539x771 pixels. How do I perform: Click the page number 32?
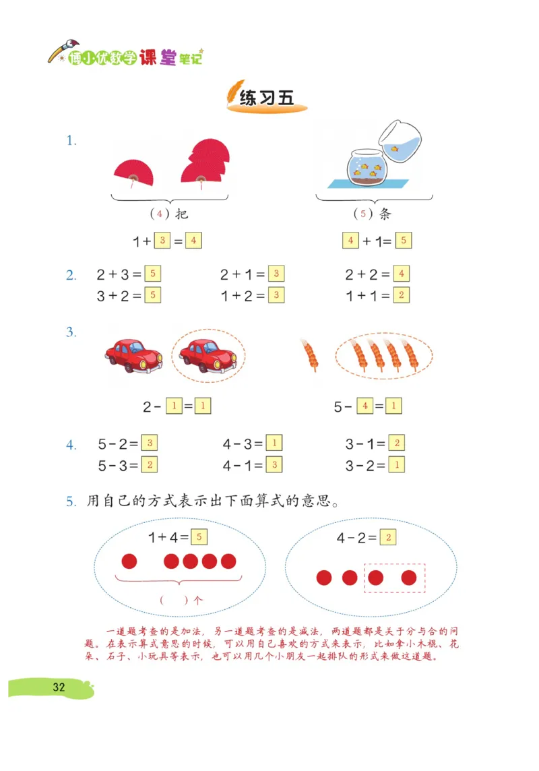(59, 687)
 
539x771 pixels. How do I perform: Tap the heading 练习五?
(267, 98)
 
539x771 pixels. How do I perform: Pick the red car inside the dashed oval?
(208, 354)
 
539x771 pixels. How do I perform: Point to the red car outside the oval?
(133, 355)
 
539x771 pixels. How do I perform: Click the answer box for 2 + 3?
(152, 274)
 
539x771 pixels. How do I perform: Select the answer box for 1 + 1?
(401, 295)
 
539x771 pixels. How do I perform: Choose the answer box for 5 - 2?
(150, 443)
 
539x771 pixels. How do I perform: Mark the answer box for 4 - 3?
(274, 443)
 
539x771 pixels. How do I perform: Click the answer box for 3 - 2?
(397, 464)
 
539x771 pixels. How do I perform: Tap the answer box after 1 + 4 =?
(199, 537)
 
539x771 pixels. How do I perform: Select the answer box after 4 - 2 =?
(387, 537)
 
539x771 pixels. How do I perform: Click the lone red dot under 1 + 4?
(129, 561)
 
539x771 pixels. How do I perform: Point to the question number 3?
(71, 332)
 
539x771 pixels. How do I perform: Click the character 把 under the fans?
(181, 214)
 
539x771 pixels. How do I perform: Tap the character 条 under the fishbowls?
(385, 214)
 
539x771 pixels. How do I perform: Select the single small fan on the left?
(133, 173)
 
